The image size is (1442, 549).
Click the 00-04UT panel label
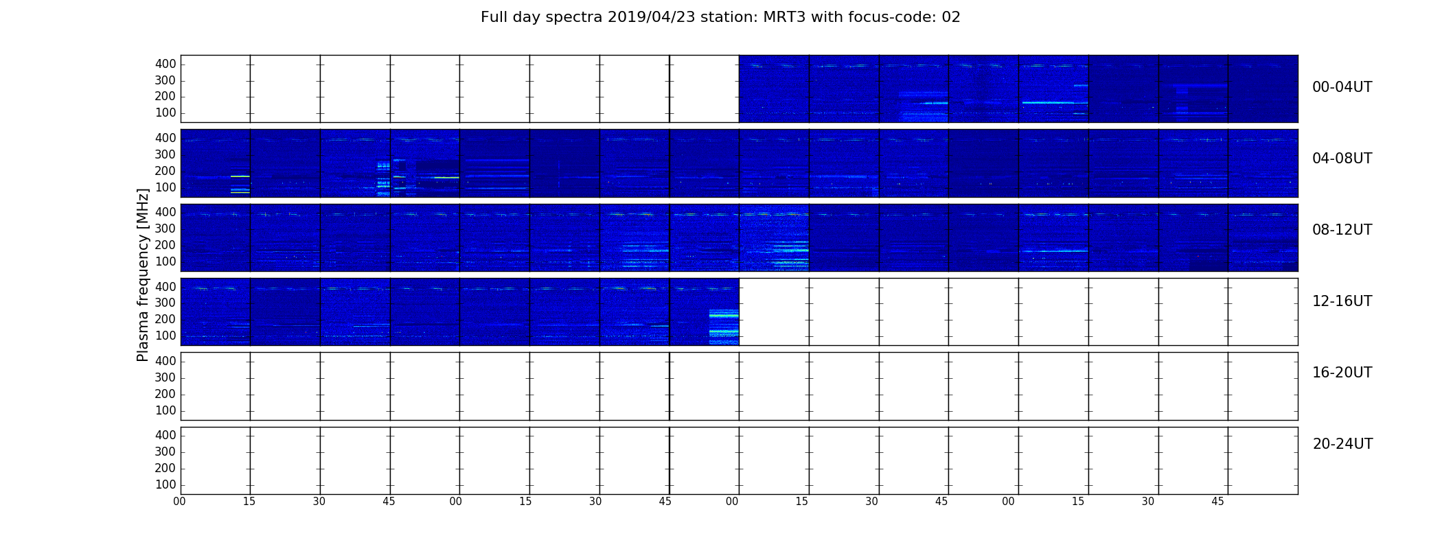[x=1342, y=87]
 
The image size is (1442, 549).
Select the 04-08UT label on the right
[x=1342, y=159]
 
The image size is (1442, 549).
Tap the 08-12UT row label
[x=1342, y=230]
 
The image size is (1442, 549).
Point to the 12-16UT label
[x=1342, y=301]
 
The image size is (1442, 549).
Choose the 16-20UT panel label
[x=1342, y=373]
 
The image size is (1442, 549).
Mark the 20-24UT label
[x=1342, y=444]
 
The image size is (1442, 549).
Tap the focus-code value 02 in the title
[x=951, y=17]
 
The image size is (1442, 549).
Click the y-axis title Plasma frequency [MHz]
[x=143, y=274]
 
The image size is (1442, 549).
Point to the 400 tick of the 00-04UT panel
[x=165, y=64]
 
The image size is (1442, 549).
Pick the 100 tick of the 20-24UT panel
[x=165, y=484]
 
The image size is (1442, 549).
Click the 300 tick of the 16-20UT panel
[x=165, y=377]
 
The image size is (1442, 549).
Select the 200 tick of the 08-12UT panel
[x=165, y=245]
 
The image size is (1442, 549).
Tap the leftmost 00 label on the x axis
[x=179, y=502]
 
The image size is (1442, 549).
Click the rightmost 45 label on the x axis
[x=1217, y=502]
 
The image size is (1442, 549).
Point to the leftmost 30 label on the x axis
[x=319, y=502]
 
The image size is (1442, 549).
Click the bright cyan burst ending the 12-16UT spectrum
[x=724, y=327]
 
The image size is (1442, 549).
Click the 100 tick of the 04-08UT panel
[x=165, y=187]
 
